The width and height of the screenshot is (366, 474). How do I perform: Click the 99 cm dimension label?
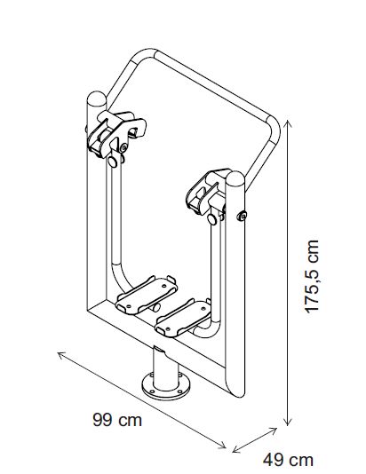coord(117,420)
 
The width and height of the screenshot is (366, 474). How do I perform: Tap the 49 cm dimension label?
coord(288,460)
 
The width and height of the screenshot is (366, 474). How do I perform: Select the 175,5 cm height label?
coord(312,277)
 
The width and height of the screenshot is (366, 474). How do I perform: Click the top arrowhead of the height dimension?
coord(288,123)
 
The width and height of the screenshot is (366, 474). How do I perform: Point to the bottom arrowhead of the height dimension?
coord(288,422)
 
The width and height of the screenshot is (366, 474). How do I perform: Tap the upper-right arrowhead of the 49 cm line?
coord(274,431)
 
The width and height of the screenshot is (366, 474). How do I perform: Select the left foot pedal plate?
coord(147,295)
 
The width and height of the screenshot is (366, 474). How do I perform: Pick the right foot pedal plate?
coord(183,317)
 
